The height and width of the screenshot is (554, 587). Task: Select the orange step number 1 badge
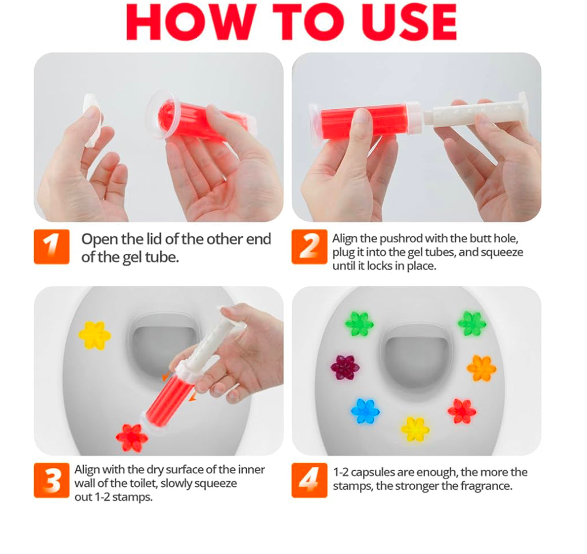[x=51, y=247]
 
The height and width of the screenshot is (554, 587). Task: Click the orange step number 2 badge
[x=309, y=247]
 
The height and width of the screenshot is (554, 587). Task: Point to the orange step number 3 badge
[x=51, y=480]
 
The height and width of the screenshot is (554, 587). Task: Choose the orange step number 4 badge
[x=309, y=480]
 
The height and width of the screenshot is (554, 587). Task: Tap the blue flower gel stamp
[x=365, y=411]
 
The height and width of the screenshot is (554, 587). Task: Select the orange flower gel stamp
[x=481, y=368]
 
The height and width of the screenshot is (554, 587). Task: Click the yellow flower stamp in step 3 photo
[x=94, y=335]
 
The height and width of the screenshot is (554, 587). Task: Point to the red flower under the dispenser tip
[x=132, y=438]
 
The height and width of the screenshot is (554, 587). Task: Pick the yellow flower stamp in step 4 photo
[x=415, y=429]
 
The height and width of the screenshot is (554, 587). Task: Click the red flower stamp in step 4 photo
[x=462, y=411]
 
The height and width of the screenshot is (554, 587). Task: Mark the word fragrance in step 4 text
[x=485, y=486]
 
